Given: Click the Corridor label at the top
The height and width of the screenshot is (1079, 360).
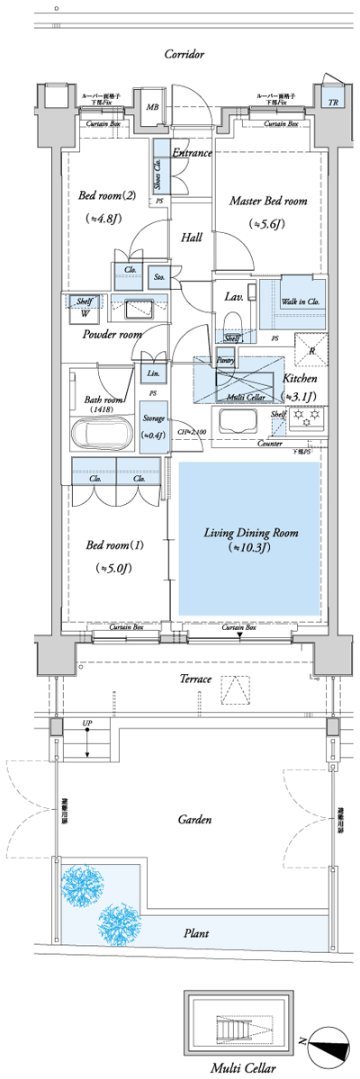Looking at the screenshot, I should pyautogui.click(x=184, y=55).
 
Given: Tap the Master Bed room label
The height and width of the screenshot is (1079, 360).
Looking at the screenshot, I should pyautogui.click(x=268, y=201).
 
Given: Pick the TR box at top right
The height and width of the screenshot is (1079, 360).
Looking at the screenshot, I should pyautogui.click(x=333, y=102).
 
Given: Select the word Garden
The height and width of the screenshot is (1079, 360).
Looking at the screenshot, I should pyautogui.click(x=193, y=820).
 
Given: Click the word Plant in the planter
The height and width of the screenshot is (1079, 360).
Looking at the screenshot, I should pyautogui.click(x=197, y=934).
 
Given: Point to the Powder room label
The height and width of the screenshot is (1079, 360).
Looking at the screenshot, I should pyautogui.click(x=112, y=334).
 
